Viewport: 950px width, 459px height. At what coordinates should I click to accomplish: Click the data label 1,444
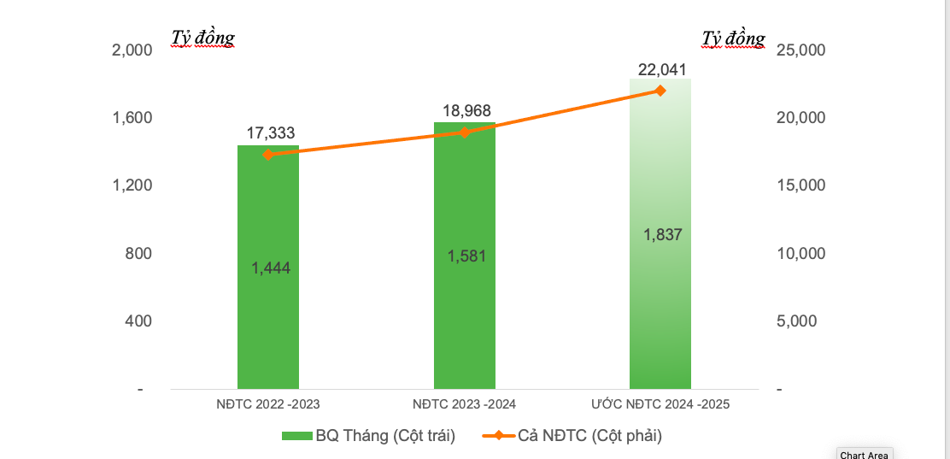click(x=271, y=268)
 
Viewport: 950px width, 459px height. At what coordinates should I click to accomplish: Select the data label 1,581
click(x=466, y=256)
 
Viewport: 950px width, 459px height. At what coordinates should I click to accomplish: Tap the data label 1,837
click(x=663, y=235)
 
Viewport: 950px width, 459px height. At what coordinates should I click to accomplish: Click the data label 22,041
click(x=662, y=69)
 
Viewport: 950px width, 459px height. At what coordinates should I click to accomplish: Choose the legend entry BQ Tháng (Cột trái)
click(x=368, y=436)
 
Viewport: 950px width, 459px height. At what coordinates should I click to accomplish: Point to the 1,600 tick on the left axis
click(x=132, y=118)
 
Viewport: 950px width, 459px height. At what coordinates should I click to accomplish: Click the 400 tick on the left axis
click(x=138, y=321)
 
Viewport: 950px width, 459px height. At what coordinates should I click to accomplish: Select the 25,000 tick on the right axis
click(x=800, y=50)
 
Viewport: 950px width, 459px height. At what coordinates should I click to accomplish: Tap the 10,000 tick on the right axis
click(x=800, y=254)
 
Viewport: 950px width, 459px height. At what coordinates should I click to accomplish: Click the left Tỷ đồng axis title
click(x=202, y=38)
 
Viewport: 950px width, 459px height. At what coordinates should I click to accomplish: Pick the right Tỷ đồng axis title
click(x=733, y=38)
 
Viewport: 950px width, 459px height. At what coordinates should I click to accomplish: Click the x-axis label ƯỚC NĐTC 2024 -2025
click(x=660, y=403)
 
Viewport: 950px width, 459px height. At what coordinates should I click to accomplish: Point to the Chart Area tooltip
click(x=864, y=454)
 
